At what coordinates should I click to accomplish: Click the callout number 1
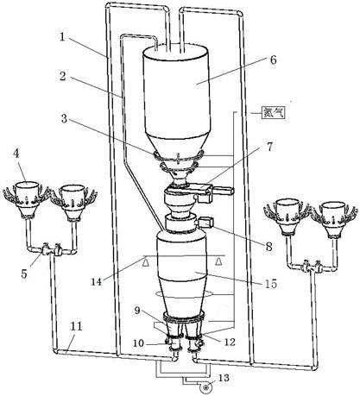tap(62, 37)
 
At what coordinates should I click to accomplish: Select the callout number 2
tap(63, 76)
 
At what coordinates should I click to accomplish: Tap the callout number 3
tap(64, 118)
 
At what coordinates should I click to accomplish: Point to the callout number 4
tap(16, 154)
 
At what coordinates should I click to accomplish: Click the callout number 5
tap(24, 273)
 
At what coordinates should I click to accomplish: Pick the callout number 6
tap(273, 60)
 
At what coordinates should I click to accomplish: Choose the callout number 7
tap(269, 147)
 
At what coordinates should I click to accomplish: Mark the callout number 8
tap(268, 247)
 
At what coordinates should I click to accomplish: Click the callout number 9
tap(137, 311)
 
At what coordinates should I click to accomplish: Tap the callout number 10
tap(138, 343)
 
